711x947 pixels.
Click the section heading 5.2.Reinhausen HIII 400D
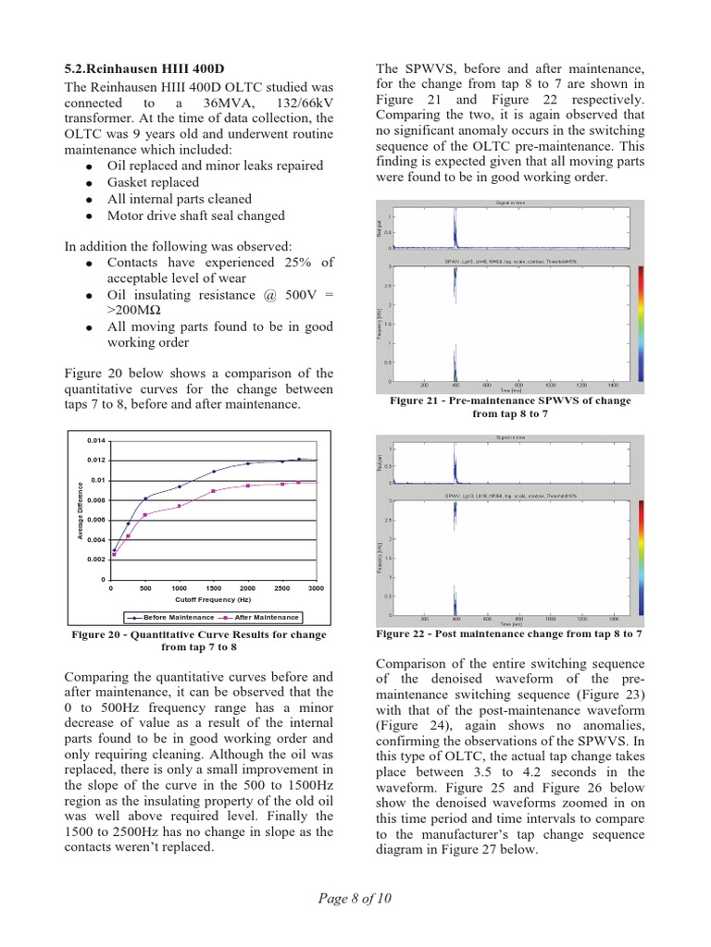144,69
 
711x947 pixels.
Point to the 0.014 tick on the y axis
96,440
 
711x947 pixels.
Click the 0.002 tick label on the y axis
96,560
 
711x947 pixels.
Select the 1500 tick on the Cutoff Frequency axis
213,588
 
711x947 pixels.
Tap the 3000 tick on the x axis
316,588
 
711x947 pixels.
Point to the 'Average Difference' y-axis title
81,510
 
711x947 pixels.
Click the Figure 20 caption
199,641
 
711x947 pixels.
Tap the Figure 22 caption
509,634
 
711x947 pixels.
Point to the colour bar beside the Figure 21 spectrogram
641,324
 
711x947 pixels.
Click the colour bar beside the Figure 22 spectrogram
641,558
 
